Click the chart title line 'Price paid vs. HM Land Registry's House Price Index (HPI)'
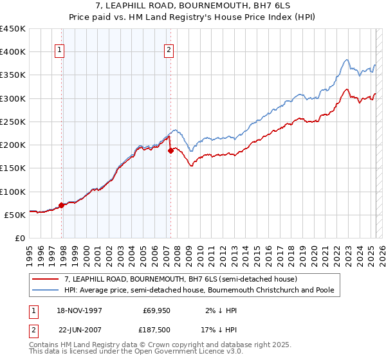pos(193,18)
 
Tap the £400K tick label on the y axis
pos(13,52)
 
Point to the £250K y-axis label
pos(13,122)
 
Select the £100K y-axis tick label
pos(13,192)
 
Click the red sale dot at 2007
pos(170,151)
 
